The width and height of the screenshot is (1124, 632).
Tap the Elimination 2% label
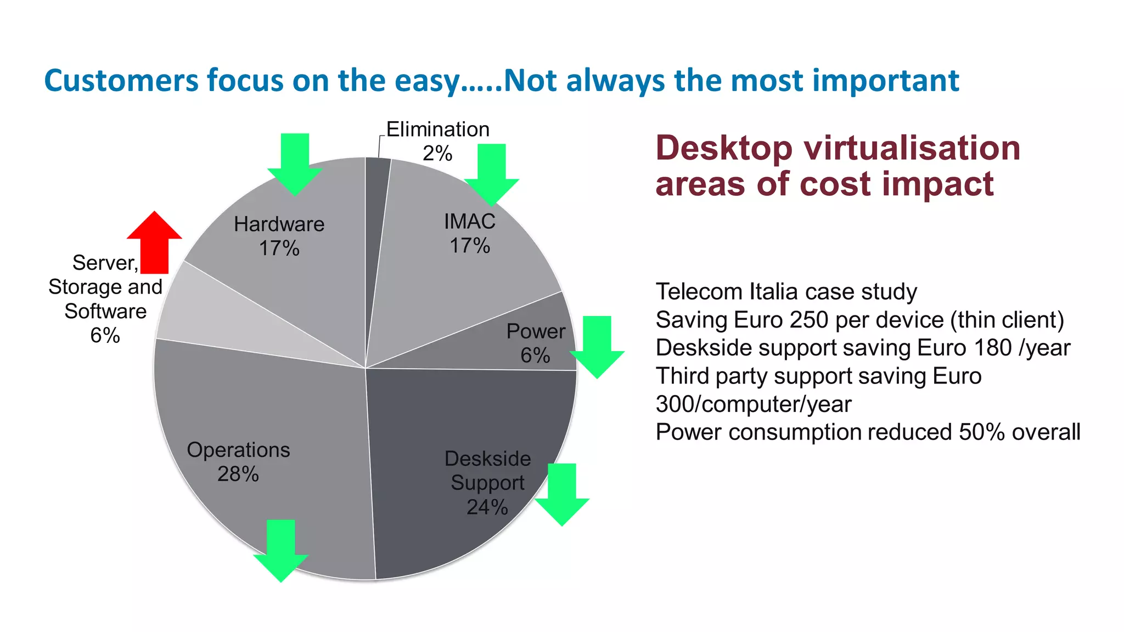pos(437,141)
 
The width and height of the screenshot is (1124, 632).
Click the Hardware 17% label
pos(279,236)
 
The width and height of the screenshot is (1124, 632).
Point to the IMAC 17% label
pos(470,233)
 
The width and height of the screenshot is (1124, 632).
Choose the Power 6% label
pos(536,343)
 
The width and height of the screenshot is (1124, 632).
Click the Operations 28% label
pos(238,461)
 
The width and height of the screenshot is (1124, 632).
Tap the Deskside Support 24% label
pos(487,482)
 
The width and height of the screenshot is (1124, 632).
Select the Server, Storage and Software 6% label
pos(105,299)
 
